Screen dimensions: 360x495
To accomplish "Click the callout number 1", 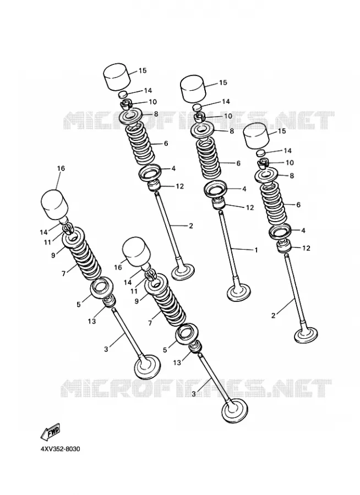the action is click(257, 250).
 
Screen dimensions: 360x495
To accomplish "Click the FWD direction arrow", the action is click(50, 432).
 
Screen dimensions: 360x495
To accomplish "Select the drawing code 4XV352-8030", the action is click(60, 449).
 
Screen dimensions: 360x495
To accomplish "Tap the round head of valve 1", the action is click(239, 293).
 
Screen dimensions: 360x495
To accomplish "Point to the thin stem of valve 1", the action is click(229, 246).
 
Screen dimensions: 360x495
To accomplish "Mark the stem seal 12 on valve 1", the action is click(219, 204).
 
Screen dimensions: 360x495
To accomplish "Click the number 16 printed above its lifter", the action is click(61, 168).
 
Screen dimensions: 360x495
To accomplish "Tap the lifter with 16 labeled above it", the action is click(54, 204).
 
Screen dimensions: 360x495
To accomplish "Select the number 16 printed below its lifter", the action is click(118, 268).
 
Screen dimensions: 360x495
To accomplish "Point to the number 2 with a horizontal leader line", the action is click(190, 226).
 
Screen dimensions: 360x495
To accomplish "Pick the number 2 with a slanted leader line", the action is click(274, 315).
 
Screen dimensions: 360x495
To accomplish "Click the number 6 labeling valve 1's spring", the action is click(238, 163).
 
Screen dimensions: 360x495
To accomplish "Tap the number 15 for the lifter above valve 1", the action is click(223, 82).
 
